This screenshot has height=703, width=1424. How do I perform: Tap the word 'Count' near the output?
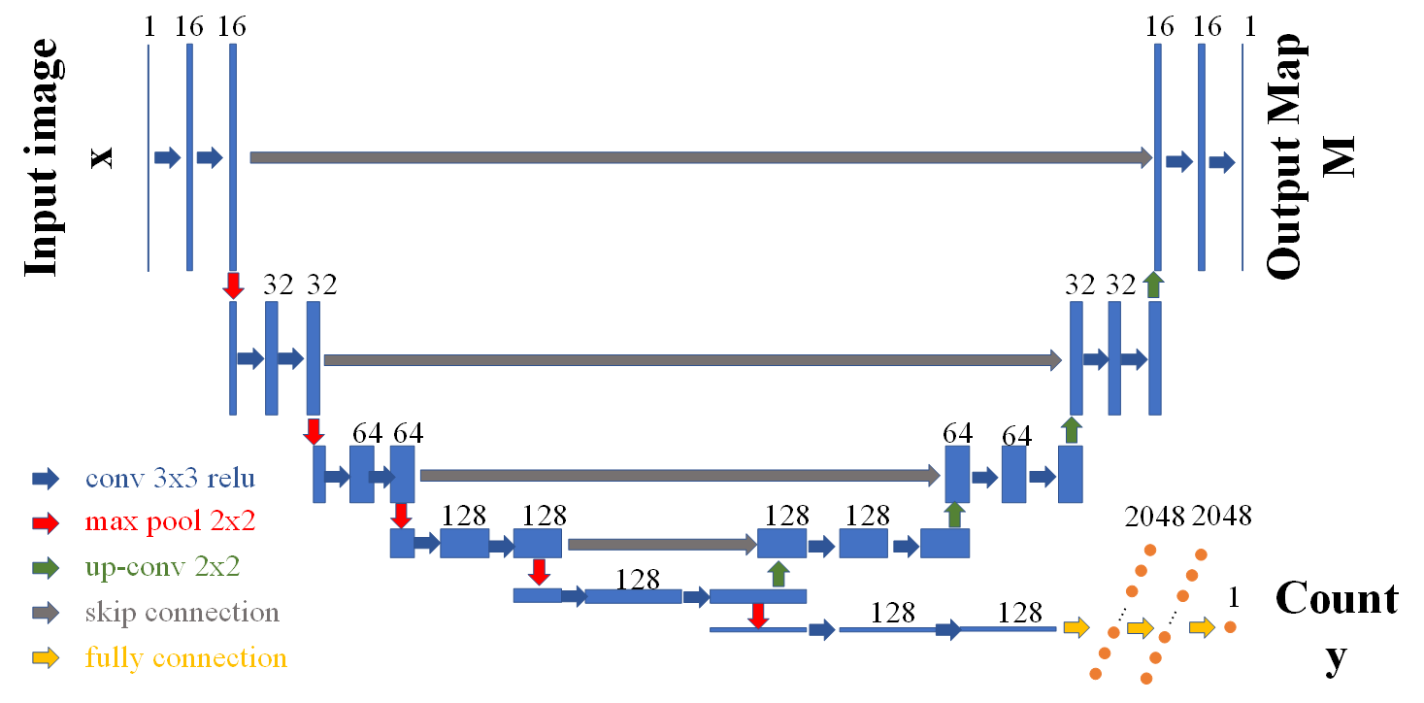click(x=1337, y=598)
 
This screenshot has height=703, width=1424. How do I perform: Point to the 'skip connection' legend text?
click(x=182, y=613)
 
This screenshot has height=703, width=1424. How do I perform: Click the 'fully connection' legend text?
click(x=185, y=657)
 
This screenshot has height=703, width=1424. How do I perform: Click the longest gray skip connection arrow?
click(x=700, y=157)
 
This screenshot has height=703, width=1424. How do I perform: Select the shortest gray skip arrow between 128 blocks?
click(x=661, y=545)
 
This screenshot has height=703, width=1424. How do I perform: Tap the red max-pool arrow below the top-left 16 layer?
click(x=233, y=285)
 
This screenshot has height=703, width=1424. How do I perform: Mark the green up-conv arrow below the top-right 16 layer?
click(x=1153, y=285)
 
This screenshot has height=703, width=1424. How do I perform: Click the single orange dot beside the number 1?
click(x=1230, y=627)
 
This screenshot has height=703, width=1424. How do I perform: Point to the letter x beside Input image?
click(x=102, y=157)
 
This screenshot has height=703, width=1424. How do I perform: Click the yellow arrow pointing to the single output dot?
click(x=1203, y=628)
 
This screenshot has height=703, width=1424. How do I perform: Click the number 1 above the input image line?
click(x=149, y=27)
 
